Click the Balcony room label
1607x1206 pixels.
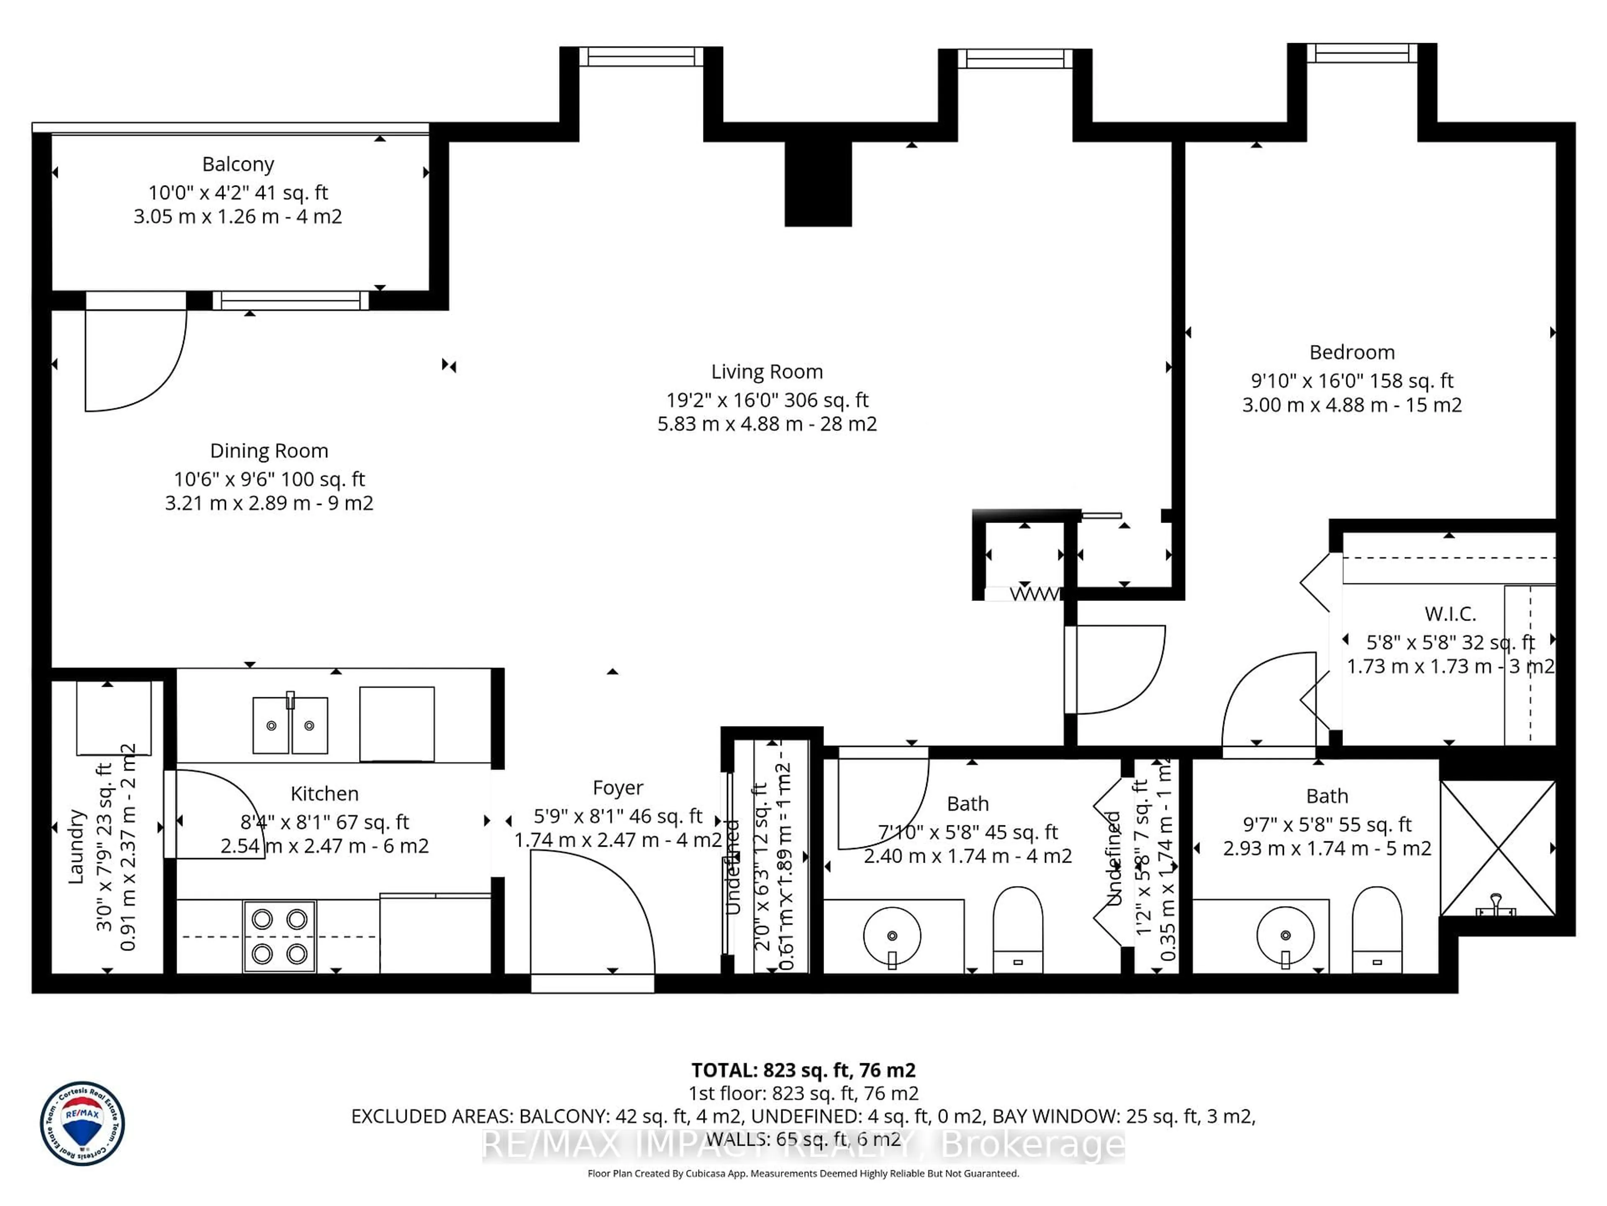(238, 164)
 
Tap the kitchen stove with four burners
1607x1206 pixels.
(280, 936)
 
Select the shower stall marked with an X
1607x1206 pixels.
(1498, 848)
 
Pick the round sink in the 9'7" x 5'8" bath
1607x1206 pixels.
(1285, 936)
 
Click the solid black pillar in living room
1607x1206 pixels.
(818, 183)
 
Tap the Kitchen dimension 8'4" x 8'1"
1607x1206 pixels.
(325, 822)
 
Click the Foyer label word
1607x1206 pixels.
(618, 788)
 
